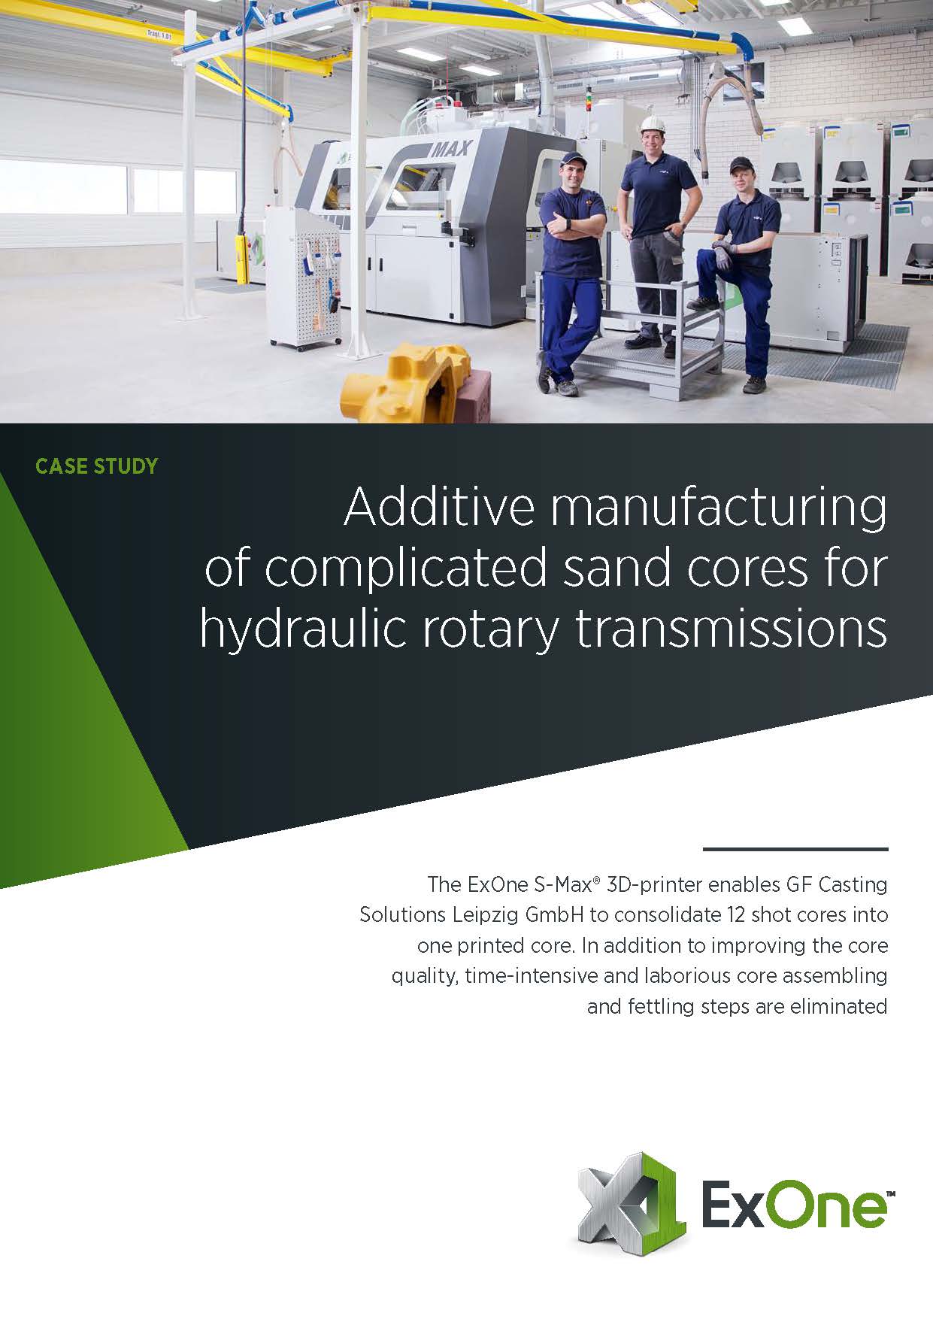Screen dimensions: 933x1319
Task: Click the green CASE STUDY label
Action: pyautogui.click(x=97, y=466)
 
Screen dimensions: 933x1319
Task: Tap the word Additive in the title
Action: pyautogui.click(x=440, y=508)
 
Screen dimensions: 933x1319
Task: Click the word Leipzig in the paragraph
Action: pyautogui.click(x=486, y=915)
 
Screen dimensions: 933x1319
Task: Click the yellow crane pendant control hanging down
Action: pyautogui.click(x=242, y=257)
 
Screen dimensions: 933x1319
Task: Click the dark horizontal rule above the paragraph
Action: pyautogui.click(x=795, y=849)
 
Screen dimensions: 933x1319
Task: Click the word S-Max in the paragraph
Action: pyautogui.click(x=563, y=885)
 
